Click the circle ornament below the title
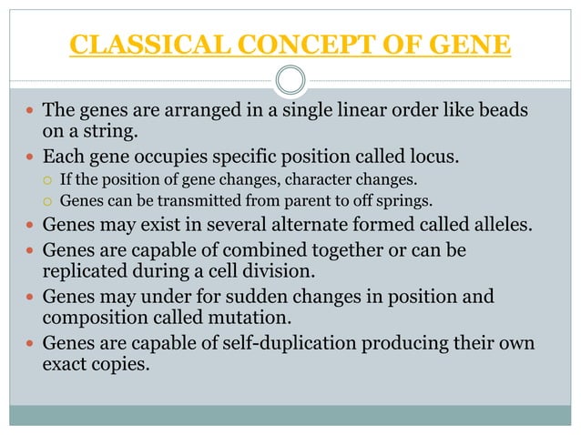(x=290, y=80)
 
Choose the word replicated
(x=87, y=268)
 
